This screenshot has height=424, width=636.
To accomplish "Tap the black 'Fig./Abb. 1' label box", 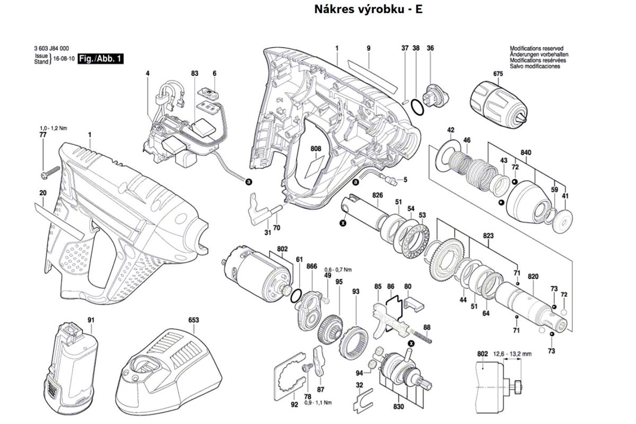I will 101,59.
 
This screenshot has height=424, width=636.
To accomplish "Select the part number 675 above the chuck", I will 497,74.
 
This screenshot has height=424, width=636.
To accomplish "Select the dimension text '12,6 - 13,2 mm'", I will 513,354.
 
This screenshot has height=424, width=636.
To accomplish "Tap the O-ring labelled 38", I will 418,106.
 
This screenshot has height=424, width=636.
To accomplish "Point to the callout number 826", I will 377,195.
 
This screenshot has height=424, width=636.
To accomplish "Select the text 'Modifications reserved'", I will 536,48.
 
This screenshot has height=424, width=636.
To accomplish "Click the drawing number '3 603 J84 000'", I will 51,49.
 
